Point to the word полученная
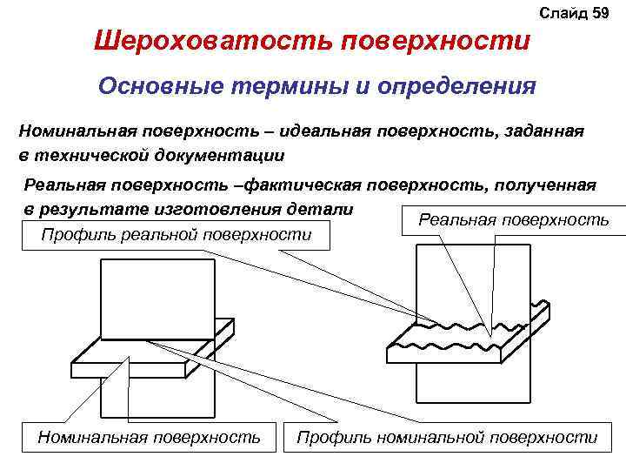pos(546,185)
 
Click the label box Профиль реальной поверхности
pos(176,233)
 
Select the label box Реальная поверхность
pos(514,221)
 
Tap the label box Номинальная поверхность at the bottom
pos(150,437)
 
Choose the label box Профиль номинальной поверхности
pos(447,437)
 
